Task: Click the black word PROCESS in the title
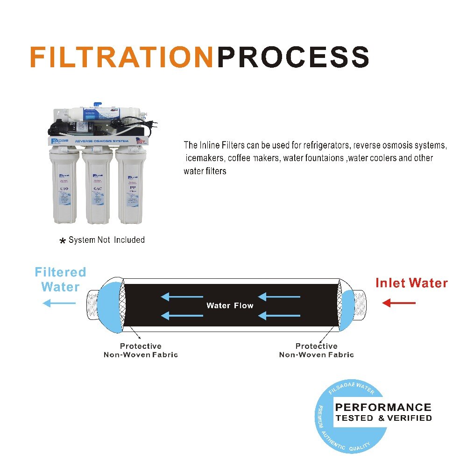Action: click(294, 57)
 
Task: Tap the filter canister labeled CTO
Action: click(65, 187)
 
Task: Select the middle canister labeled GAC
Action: click(98, 187)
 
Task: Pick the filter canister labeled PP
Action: click(131, 187)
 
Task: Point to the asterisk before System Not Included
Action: click(62, 241)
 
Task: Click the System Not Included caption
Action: click(106, 240)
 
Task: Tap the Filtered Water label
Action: click(61, 279)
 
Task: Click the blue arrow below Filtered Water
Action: click(59, 304)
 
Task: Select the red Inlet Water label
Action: click(411, 283)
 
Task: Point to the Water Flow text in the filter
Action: click(230, 306)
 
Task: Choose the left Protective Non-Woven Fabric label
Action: click(141, 350)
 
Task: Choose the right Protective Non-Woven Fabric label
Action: click(316, 350)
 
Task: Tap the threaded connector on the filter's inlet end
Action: click(360, 304)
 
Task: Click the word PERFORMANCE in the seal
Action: click(383, 408)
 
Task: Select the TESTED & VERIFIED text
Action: click(383, 418)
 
